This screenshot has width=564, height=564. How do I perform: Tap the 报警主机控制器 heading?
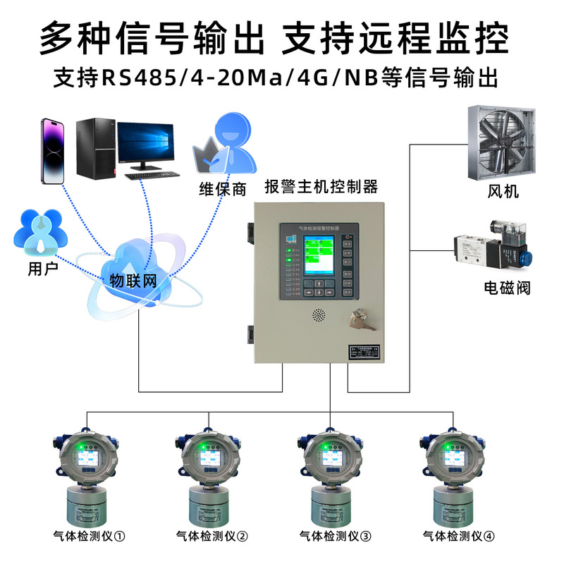tap(321, 187)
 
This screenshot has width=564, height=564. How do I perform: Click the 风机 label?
tap(503, 192)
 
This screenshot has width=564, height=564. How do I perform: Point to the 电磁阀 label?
tap(507, 288)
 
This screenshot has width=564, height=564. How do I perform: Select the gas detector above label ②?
tap(210, 479)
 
